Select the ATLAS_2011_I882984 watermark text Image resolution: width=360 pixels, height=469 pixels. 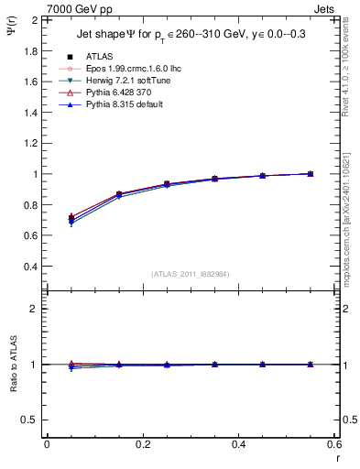[x=191, y=274]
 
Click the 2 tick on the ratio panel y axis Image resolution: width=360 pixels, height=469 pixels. [x=34, y=309]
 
